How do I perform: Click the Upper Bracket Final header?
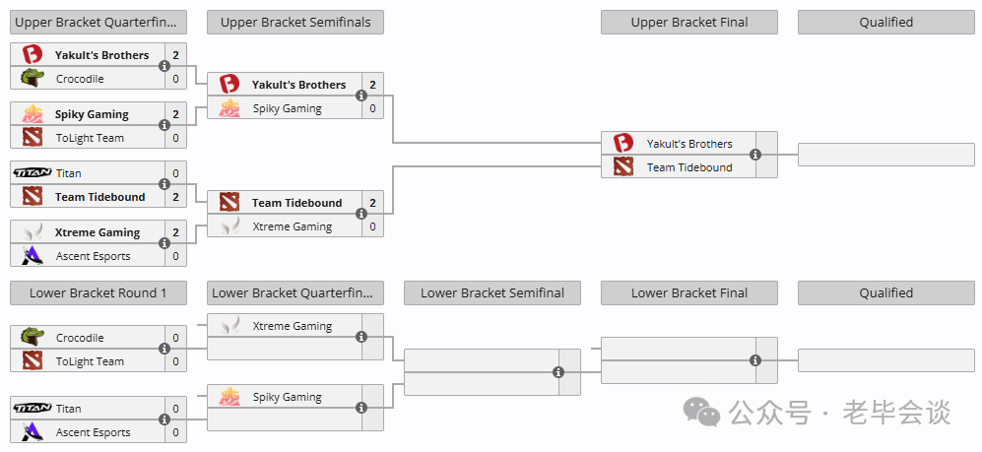click(688, 23)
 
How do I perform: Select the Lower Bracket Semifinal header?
click(492, 293)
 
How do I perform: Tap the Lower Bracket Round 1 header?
click(98, 293)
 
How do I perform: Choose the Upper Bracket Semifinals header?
click(295, 23)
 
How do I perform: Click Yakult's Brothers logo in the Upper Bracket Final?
click(623, 144)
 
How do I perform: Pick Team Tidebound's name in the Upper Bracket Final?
click(689, 167)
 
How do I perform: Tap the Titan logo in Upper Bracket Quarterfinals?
click(32, 172)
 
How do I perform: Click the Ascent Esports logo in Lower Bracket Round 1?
click(32, 432)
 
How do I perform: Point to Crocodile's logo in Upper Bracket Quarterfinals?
click(32, 78)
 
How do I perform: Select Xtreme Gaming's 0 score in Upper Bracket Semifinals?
click(372, 226)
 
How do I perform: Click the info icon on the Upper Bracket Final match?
click(755, 155)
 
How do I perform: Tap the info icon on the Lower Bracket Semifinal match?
click(558, 372)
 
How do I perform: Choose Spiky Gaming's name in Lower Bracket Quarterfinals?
click(287, 397)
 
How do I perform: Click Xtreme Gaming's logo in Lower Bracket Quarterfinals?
click(229, 326)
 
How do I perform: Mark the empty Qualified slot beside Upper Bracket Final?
click(886, 155)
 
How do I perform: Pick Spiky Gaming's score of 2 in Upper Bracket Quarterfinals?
click(176, 114)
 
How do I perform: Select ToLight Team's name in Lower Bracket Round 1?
click(90, 361)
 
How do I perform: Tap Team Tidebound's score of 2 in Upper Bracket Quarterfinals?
click(176, 197)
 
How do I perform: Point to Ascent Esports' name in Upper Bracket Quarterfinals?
click(94, 256)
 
